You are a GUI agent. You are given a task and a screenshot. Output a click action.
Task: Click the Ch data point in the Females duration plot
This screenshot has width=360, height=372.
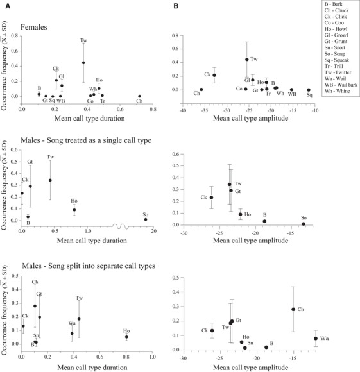click(139, 96)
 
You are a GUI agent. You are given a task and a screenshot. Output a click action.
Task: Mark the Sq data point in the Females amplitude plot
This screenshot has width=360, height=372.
click(309, 90)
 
